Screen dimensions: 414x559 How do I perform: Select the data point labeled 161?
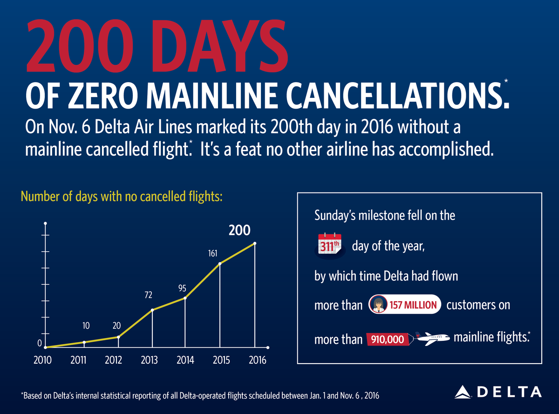pos(219,264)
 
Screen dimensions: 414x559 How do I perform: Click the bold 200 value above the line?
pos(239,230)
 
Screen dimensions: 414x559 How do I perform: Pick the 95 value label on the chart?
pos(182,288)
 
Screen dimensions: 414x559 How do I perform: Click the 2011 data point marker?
pos(84,342)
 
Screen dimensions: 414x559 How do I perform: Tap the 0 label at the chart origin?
pos(40,344)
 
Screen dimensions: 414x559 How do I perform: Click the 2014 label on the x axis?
pos(185,361)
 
